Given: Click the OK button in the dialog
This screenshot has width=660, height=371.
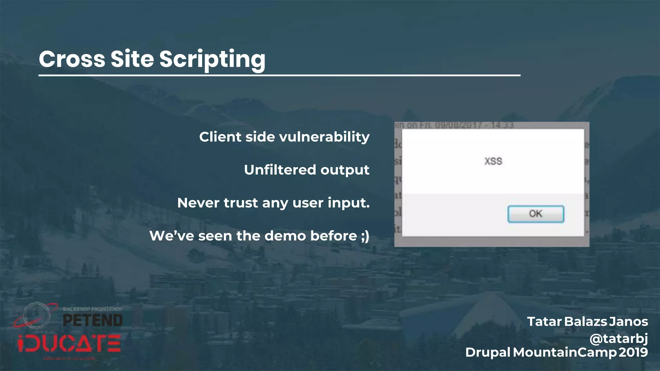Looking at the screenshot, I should point(536,214).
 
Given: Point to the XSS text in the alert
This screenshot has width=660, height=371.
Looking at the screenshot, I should point(493,161).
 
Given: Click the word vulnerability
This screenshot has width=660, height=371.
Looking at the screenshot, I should point(324,137).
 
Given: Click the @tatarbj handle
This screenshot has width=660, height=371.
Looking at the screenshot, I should point(618,338).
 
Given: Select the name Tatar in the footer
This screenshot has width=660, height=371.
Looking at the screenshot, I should point(544,321).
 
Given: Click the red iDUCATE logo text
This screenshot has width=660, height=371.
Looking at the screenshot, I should point(69,344).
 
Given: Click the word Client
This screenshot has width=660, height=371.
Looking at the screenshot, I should point(220,137).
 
